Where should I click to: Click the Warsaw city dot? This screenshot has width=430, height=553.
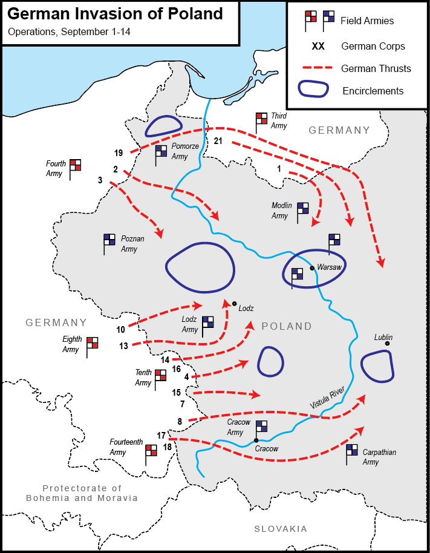click(311, 267)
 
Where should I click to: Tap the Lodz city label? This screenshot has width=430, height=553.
click(246, 308)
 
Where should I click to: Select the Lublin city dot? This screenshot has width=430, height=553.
click(387, 344)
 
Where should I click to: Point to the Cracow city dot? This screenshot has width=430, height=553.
click(256, 440)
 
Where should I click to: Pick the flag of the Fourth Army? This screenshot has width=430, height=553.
click(75, 166)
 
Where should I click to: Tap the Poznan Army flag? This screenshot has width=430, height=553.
click(109, 241)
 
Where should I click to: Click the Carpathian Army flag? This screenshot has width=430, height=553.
click(351, 451)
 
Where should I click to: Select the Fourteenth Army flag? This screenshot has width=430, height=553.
click(151, 451)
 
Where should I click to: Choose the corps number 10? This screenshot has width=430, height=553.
click(121, 329)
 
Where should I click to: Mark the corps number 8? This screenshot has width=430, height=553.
click(180, 421)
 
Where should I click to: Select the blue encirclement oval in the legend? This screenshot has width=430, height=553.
click(314, 90)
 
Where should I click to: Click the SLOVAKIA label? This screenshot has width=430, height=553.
click(280, 529)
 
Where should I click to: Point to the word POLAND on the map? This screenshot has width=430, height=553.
click(287, 327)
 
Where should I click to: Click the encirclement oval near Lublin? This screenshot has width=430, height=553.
click(378, 367)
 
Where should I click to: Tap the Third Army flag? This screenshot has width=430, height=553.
click(261, 120)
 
